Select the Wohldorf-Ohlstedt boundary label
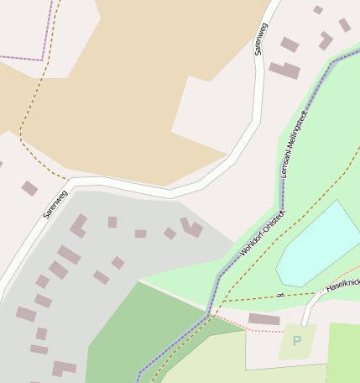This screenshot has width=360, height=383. pyautogui.click(x=263, y=233)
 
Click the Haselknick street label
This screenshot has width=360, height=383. pyautogui.click(x=342, y=286)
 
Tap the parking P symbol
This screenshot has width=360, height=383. pyautogui.click(x=296, y=341)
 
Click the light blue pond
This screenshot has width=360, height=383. pyautogui.click(x=319, y=244)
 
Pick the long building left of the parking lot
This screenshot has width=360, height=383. pyautogui.click(x=264, y=319)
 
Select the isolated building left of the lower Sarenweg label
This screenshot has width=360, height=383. pyautogui.click(x=29, y=188)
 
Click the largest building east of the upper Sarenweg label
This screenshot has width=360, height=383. pyautogui.click(x=284, y=71)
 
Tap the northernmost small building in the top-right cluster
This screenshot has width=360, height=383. pyautogui.click(x=318, y=10)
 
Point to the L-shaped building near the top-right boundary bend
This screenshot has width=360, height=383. pyautogui.click(x=326, y=39)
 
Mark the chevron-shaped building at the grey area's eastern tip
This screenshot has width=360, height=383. pyautogui.click(x=191, y=227)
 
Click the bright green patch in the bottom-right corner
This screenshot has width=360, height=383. pyautogui.click(x=344, y=353)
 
